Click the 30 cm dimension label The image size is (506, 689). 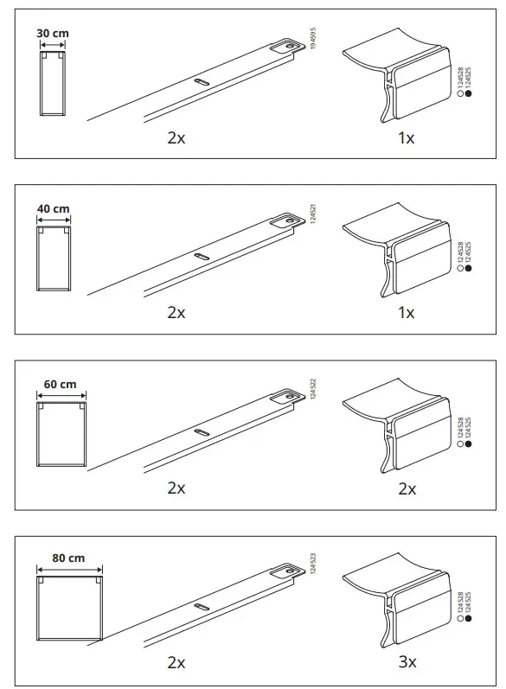point(53,35)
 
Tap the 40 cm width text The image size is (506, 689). point(53,209)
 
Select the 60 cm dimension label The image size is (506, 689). point(60,384)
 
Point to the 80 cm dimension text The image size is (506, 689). point(69,558)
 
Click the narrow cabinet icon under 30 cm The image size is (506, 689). point(53,84)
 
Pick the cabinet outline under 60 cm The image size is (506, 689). point(61,435)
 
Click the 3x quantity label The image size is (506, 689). point(407,662)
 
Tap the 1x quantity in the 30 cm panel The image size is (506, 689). point(406,138)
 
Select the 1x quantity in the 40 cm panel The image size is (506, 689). point(406,313)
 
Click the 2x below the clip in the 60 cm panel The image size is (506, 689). point(407,488)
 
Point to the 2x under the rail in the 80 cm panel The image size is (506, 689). point(176,662)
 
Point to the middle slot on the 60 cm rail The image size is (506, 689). point(201,431)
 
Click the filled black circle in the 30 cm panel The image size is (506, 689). point(468,96)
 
